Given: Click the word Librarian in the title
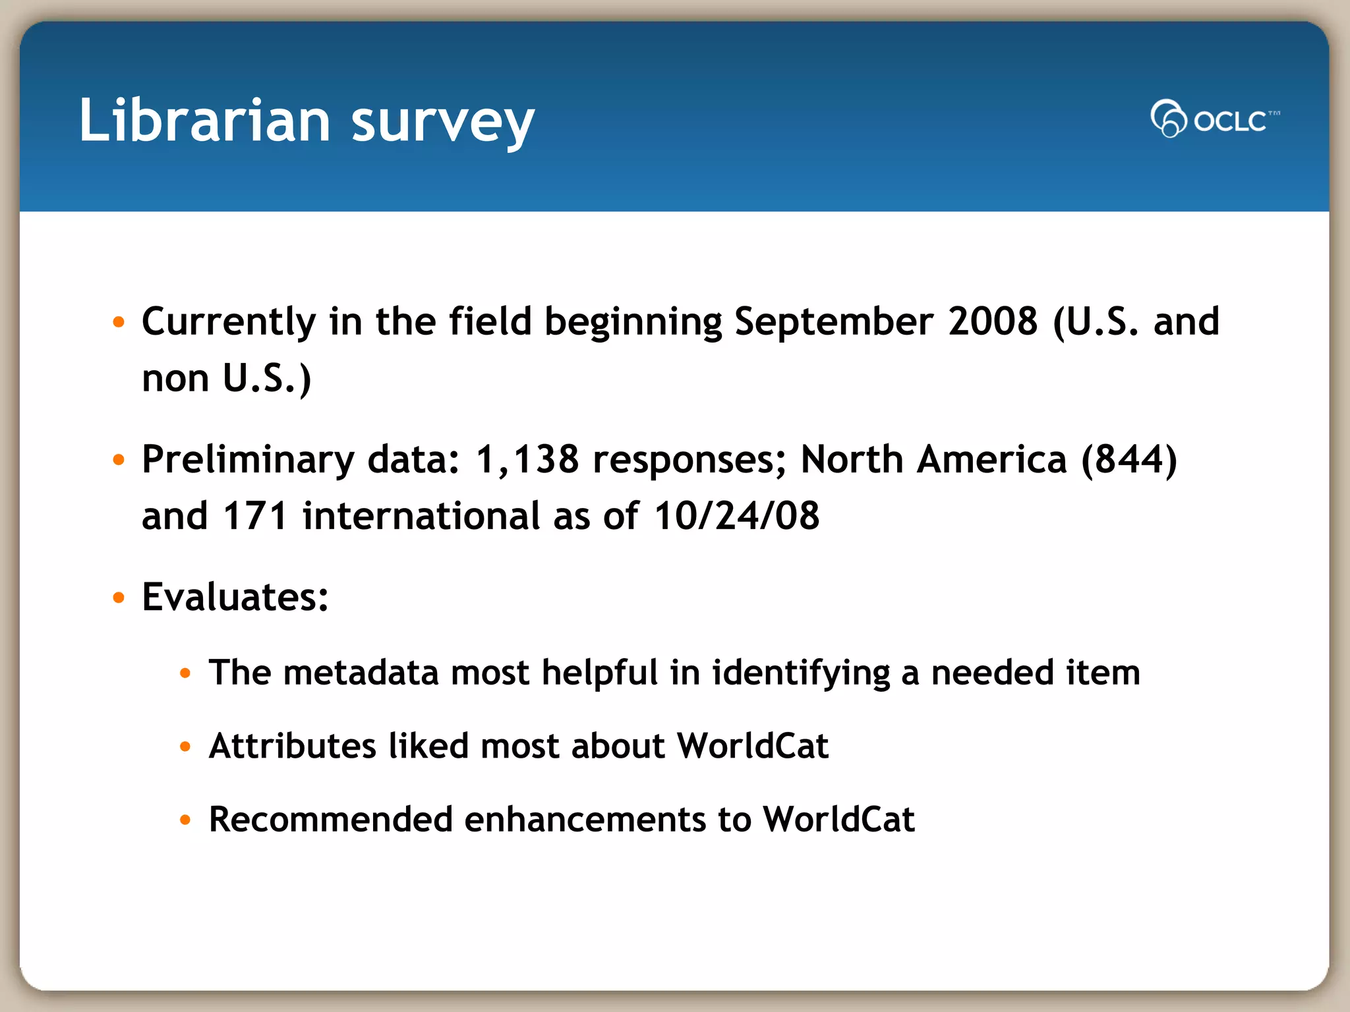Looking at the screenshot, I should (204, 120).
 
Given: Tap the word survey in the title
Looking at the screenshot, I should (442, 123).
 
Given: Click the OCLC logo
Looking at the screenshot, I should (1214, 119).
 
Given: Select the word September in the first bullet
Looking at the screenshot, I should (834, 322).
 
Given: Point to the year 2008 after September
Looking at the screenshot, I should (993, 322).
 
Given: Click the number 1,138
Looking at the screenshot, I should (527, 459).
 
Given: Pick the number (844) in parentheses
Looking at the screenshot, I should (1129, 459).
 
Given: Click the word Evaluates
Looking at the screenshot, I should (235, 597).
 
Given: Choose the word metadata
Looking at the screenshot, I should (361, 673).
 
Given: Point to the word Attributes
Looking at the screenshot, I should (292, 746).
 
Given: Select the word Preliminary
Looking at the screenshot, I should (248, 460).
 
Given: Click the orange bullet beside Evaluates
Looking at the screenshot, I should (119, 598).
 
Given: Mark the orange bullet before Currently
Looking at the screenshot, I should (119, 322).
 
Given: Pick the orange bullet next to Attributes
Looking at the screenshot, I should (185, 746).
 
